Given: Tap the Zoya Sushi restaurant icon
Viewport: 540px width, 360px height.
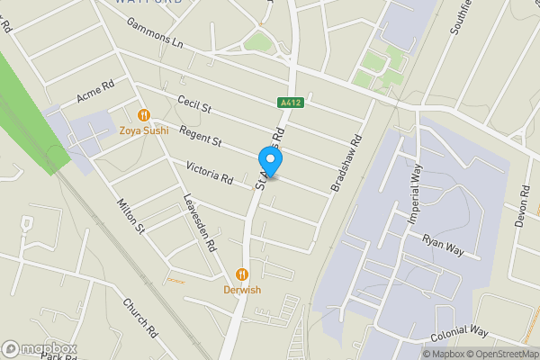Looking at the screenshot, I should click(143, 115).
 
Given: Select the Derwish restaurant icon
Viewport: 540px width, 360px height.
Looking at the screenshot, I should click(242, 274).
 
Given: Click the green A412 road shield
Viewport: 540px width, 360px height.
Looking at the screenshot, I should click(289, 103).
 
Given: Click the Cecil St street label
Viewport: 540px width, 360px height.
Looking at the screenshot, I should click(193, 107).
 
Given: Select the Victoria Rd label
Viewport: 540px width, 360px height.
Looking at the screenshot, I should click(209, 171).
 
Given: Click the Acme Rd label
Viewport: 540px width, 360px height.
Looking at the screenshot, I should click(95, 92).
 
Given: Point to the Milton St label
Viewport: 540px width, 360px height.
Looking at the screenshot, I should click(130, 217).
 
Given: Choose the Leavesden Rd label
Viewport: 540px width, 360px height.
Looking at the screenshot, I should click(200, 222).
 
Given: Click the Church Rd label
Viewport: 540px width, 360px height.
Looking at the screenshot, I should click(141, 317).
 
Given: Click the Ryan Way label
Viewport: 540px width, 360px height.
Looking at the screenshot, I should click(443, 245).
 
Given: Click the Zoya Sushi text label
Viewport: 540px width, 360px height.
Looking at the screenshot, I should click(143, 130).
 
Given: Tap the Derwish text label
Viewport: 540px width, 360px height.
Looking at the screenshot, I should click(242, 290).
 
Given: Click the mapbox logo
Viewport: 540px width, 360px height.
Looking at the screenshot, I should click(39, 348).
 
